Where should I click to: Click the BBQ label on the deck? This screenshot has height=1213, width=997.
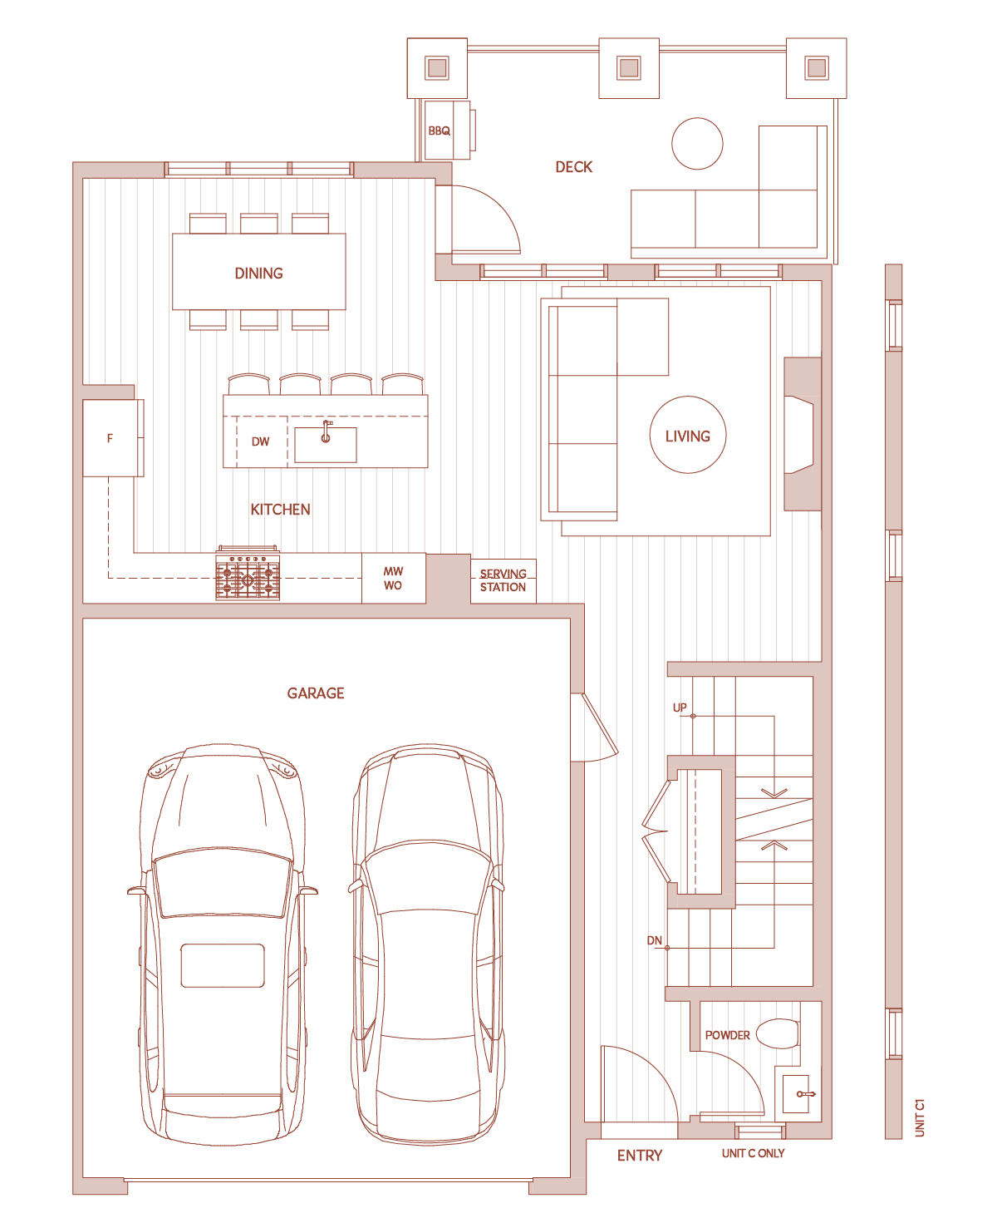(x=439, y=131)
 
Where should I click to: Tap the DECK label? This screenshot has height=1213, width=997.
(x=573, y=167)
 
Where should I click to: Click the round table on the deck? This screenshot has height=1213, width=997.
(x=697, y=143)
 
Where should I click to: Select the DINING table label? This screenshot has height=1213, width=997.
(x=258, y=274)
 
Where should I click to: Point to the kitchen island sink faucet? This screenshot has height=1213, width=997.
(x=326, y=431)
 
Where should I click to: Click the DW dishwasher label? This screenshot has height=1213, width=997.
(x=260, y=441)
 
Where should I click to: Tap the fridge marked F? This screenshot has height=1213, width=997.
(x=113, y=438)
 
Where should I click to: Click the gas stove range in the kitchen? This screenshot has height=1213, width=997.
(x=248, y=573)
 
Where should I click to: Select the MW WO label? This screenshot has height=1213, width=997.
(x=393, y=578)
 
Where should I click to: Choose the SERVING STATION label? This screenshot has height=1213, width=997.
(x=503, y=580)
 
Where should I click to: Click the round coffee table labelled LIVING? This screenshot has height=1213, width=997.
(x=688, y=435)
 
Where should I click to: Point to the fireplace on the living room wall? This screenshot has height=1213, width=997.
(x=803, y=434)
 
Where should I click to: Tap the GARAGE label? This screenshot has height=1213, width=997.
(x=316, y=693)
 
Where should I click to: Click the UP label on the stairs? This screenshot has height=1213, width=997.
(x=680, y=708)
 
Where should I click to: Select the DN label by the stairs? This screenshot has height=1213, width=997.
(x=655, y=940)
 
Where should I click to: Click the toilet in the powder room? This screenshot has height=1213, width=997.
(x=778, y=1033)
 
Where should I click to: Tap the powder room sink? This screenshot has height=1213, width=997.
(x=796, y=1093)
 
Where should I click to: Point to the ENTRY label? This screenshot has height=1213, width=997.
(x=640, y=1156)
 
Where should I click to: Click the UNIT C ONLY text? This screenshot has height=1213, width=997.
(x=754, y=1153)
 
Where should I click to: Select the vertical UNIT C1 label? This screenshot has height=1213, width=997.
(x=920, y=1118)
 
